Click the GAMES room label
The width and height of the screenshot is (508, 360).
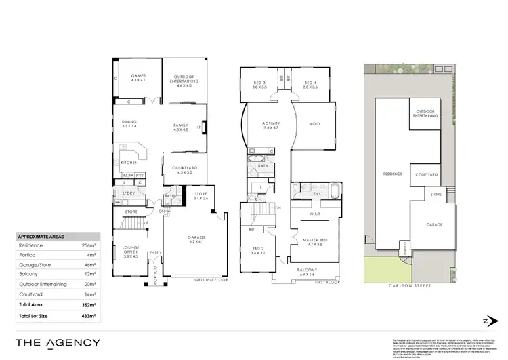[x=138, y=78]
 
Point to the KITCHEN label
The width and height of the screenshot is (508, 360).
[x=129, y=163]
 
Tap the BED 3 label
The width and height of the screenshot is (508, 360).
[x=260, y=84]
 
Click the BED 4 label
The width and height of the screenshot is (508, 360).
[x=311, y=84]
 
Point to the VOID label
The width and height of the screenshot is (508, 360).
[x=314, y=124]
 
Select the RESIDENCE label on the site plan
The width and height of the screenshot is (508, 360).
[x=393, y=174]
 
